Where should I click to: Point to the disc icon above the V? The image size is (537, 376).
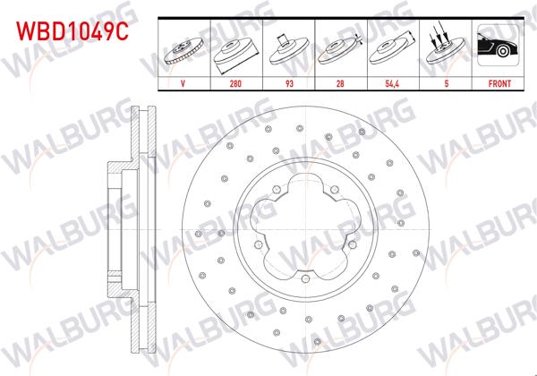[x=183, y=49]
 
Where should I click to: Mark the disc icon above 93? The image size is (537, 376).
[x=287, y=49]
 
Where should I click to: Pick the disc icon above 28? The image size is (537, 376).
[x=339, y=49]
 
